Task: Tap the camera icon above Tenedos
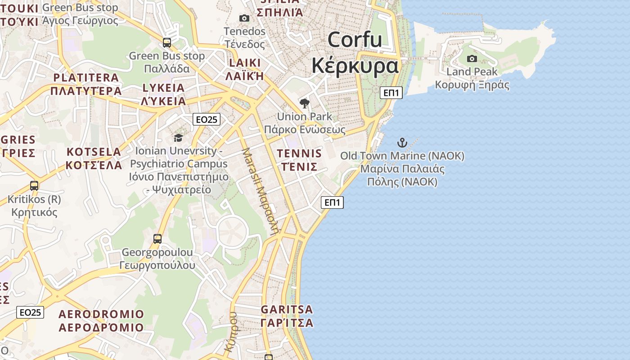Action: pyautogui.click(x=244, y=18)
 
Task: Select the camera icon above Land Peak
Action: pyautogui.click(x=472, y=58)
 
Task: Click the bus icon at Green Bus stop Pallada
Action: pyautogui.click(x=167, y=43)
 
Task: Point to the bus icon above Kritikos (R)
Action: pyautogui.click(x=34, y=185)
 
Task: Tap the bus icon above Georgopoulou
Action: pyautogui.click(x=157, y=238)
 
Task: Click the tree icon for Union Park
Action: pyautogui.click(x=305, y=103)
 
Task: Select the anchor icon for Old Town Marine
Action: pyautogui.click(x=402, y=143)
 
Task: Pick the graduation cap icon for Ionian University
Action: pyautogui.click(x=179, y=138)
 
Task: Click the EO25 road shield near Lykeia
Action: pyautogui.click(x=207, y=119)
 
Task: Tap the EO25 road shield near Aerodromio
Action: pyautogui.click(x=30, y=312)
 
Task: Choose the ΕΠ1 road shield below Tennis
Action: pyautogui.click(x=332, y=202)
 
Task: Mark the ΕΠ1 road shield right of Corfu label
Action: pyautogui.click(x=391, y=93)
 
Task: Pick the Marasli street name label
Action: pyautogui.click(x=261, y=191)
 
